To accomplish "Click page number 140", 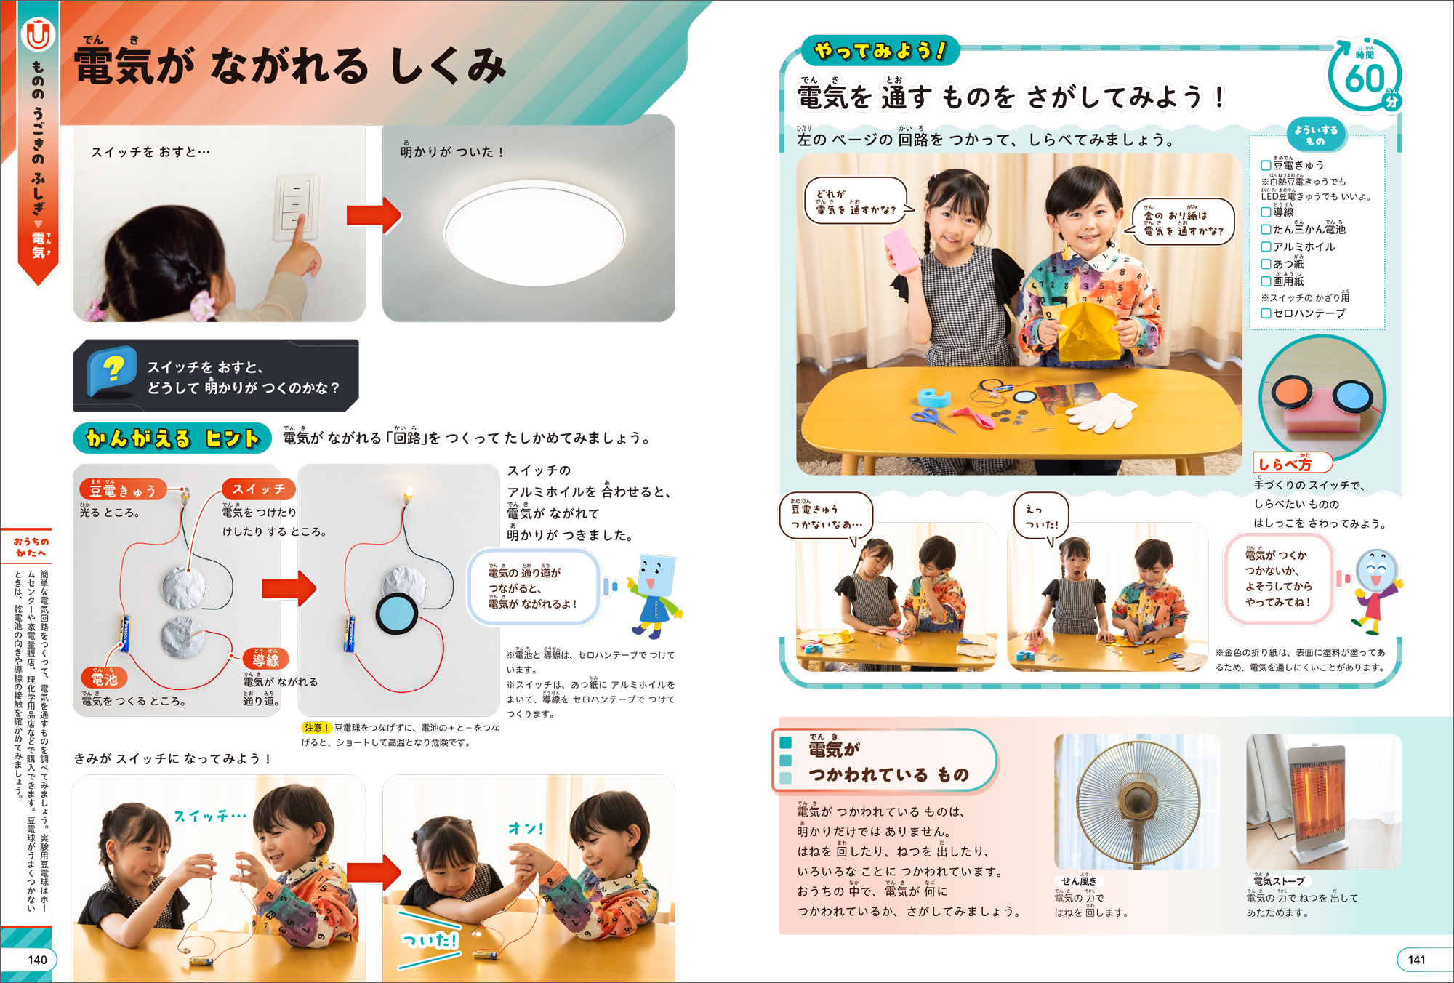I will click(x=37, y=960).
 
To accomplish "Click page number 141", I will click(x=1416, y=960).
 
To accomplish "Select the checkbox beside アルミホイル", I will click(x=1266, y=246).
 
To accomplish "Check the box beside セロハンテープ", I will click(x=1266, y=313).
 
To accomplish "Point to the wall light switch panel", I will click(x=296, y=206).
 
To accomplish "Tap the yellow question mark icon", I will click(x=113, y=370).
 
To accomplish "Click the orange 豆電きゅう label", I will click(x=123, y=491).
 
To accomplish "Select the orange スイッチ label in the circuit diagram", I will click(x=259, y=489).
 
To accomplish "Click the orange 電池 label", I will click(x=104, y=678).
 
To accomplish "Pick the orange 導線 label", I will click(x=266, y=659).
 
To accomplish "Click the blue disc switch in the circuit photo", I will click(x=397, y=614).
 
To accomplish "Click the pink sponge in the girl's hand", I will click(x=902, y=250).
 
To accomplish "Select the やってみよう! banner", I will click(x=880, y=50).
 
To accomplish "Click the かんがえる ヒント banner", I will click(x=172, y=438).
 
